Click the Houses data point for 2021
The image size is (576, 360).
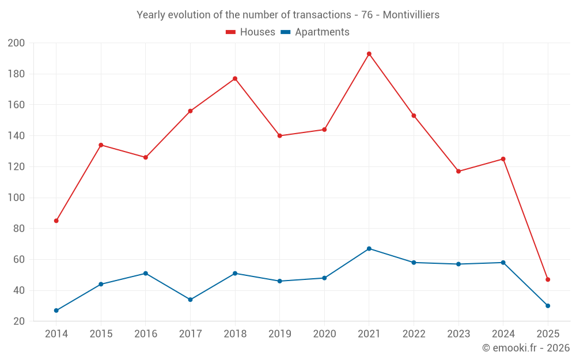coord(369,54)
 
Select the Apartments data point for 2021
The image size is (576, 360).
coord(369,248)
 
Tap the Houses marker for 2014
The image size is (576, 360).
coord(56,221)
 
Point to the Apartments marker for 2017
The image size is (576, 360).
coord(190,300)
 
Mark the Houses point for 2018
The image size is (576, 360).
coord(235,78)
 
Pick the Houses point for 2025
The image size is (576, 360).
coord(548,279)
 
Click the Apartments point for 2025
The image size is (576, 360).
coord(548,306)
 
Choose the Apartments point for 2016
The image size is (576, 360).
coord(146,273)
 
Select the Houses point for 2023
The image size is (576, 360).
coord(458,171)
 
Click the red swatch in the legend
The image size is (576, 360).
coord(231,32)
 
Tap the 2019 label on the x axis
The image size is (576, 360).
coord(280,334)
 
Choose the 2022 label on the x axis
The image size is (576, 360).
coord(414,334)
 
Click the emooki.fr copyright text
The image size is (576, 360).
coord(526,348)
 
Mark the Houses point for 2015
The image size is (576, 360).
coord(101,145)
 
